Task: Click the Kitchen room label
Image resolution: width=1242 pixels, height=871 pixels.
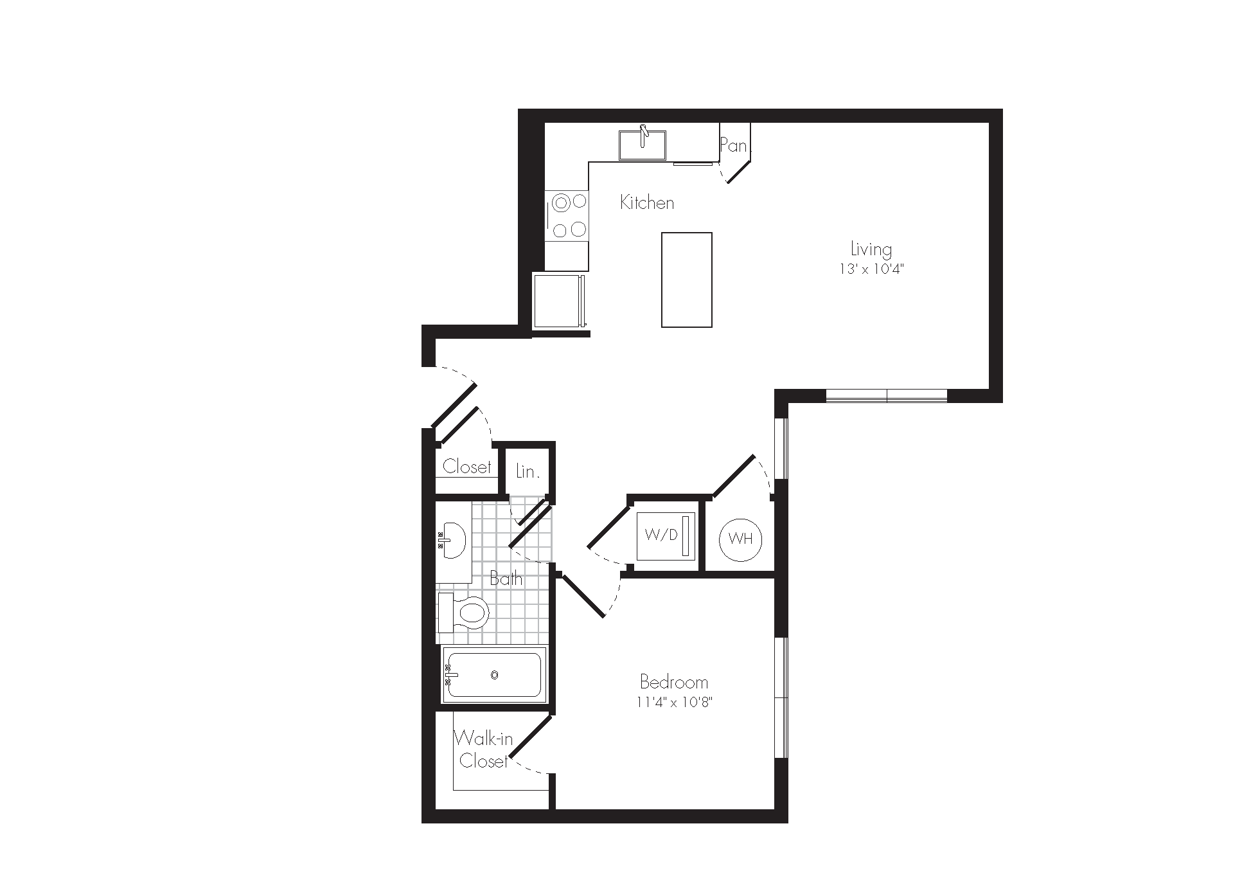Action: pyautogui.click(x=647, y=203)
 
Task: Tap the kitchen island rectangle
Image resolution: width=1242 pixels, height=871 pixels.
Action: pyautogui.click(x=687, y=280)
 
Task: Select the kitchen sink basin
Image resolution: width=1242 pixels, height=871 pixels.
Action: pyautogui.click(x=642, y=145)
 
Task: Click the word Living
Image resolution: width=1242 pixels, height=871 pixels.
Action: pyautogui.click(x=871, y=249)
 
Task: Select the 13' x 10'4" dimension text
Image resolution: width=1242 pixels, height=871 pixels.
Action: pyautogui.click(x=871, y=269)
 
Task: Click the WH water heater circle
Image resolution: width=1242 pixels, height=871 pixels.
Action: pyautogui.click(x=741, y=539)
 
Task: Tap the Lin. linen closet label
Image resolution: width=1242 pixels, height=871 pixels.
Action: pyautogui.click(x=528, y=472)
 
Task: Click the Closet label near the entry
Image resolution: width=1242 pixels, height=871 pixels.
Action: pyautogui.click(x=467, y=467)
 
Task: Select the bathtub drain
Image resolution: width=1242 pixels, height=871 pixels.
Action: pyautogui.click(x=494, y=675)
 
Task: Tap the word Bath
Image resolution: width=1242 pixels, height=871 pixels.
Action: pyautogui.click(x=506, y=579)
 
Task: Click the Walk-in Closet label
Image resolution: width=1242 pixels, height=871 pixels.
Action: pyautogui.click(x=484, y=750)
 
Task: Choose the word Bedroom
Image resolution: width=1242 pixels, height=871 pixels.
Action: pyautogui.click(x=674, y=681)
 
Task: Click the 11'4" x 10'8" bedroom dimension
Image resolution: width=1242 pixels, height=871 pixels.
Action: pyautogui.click(x=675, y=703)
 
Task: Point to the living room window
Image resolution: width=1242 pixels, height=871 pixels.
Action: pyautogui.click(x=887, y=396)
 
